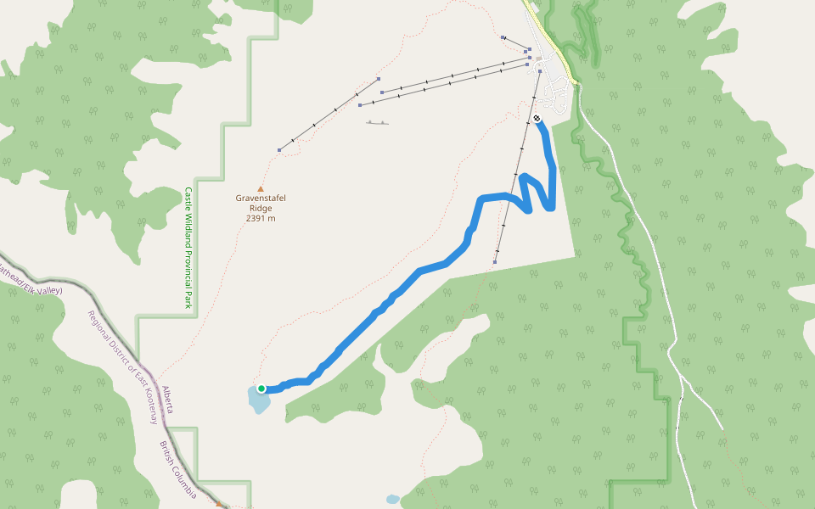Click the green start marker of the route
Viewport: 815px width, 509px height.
tap(261, 389)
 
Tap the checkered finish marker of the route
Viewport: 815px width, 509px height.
tap(537, 119)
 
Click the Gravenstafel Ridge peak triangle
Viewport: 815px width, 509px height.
tap(261, 189)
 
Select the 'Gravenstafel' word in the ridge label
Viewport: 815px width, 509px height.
tap(261, 199)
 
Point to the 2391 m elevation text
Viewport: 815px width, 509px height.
tap(261, 219)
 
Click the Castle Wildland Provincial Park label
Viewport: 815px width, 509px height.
tap(188, 248)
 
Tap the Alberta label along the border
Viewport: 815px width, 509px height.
tap(168, 399)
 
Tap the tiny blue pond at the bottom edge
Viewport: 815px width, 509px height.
tap(392, 500)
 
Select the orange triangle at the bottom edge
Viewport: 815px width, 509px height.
tap(219, 504)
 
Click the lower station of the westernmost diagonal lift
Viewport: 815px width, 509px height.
tap(279, 150)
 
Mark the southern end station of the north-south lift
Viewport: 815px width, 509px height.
tap(495, 262)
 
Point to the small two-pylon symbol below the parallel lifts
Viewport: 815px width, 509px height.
tap(378, 123)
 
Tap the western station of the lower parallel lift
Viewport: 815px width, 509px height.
tap(360, 105)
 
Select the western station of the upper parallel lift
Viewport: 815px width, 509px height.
tap(383, 92)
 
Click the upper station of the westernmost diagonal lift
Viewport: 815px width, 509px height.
tap(378, 78)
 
